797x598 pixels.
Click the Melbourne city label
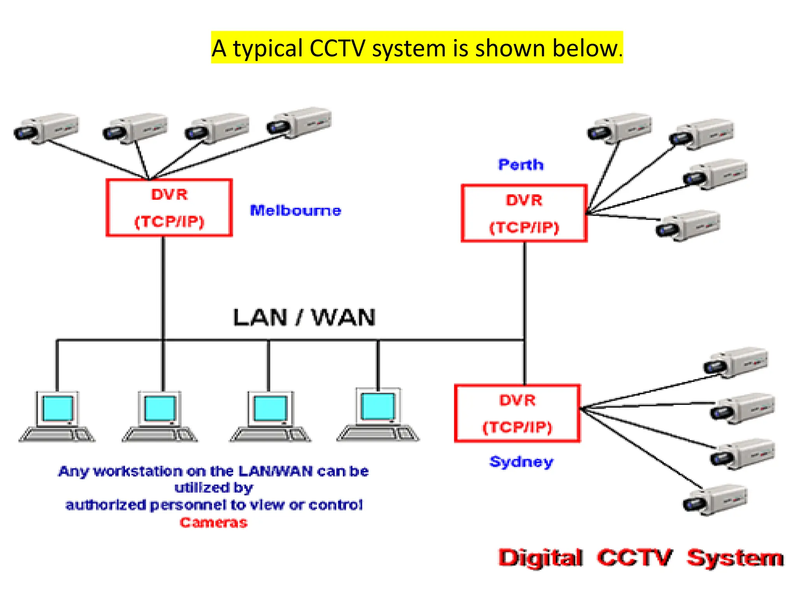295,211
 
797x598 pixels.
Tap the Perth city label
521,165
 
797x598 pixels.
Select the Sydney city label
521,462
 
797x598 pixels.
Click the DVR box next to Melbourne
169,208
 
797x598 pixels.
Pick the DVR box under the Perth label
524,213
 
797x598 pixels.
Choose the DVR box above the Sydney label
517,413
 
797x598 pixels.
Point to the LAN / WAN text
304,317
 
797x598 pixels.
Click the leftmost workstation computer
57,417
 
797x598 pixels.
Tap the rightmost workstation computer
378,415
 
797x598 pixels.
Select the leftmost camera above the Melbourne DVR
46,128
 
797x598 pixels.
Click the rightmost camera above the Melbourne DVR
299,123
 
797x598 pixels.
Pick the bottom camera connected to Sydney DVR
715,500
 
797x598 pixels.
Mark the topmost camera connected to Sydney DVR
736,362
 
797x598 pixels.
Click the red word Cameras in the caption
213,522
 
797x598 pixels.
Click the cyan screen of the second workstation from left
160,408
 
